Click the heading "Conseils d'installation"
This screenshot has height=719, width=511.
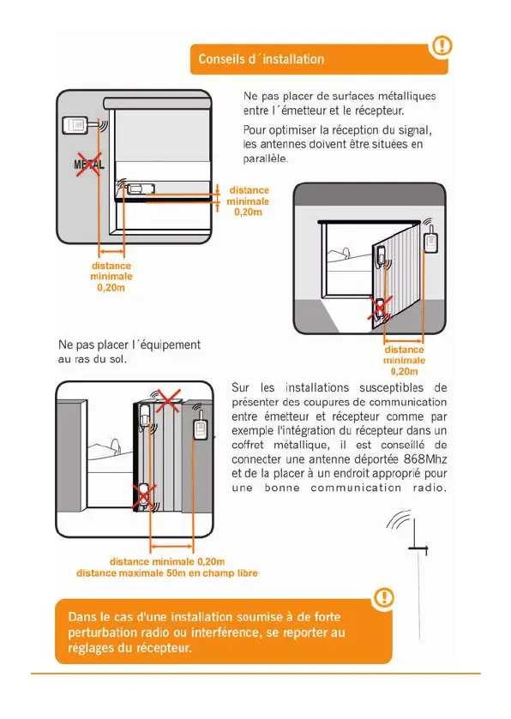(261, 59)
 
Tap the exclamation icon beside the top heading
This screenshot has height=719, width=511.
(442, 45)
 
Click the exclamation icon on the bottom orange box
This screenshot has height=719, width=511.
(383, 597)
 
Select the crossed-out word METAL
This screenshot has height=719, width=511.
(89, 165)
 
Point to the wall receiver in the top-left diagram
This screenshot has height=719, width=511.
(75, 125)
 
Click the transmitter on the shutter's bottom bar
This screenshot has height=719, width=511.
(141, 189)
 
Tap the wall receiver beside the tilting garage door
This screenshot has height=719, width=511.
(431, 243)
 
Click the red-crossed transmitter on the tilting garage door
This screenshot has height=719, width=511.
(381, 309)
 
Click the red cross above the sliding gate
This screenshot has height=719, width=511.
(168, 401)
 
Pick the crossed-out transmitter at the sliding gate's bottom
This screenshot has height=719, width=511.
(145, 496)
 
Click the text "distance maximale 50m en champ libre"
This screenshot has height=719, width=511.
(167, 573)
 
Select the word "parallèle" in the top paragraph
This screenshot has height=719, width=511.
(266, 159)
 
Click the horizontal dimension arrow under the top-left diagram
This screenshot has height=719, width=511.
(111, 251)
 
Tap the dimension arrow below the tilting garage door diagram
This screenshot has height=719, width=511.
(404, 341)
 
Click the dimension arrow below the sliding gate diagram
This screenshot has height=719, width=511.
(172, 546)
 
